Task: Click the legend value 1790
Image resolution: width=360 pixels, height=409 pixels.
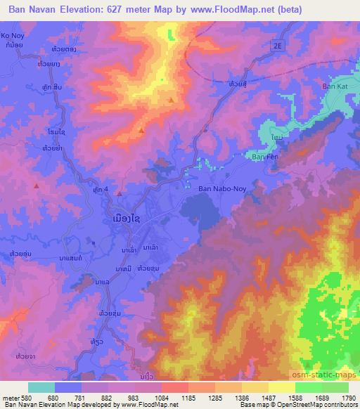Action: pyautogui.click(x=347, y=396)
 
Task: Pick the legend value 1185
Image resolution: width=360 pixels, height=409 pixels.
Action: pyautogui.click(x=188, y=396)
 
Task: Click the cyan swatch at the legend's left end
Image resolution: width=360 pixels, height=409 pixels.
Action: pyautogui.click(x=41, y=387)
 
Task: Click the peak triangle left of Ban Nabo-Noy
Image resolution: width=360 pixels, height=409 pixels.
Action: pyautogui.click(x=120, y=194)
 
